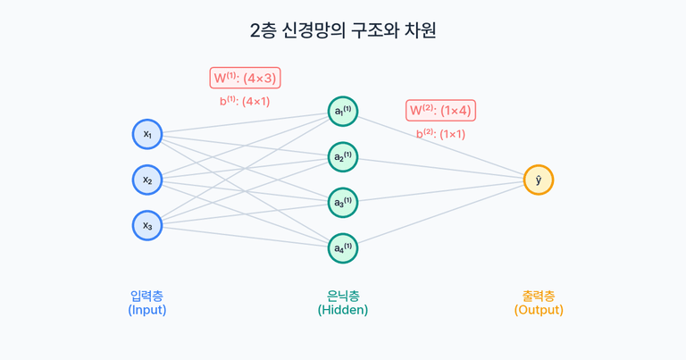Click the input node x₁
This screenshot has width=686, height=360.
[x=147, y=134]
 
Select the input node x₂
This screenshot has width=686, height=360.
[x=147, y=180]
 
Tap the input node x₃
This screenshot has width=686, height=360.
[x=147, y=225]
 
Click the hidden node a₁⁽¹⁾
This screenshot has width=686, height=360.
[x=343, y=112]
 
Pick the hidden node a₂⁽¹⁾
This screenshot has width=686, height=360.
[x=343, y=157]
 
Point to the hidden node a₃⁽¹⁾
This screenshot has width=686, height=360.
[x=343, y=203]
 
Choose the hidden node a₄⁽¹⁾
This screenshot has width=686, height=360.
[x=343, y=248]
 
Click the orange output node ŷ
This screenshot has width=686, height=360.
[x=539, y=180]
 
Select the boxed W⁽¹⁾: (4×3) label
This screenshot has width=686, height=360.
[x=245, y=78]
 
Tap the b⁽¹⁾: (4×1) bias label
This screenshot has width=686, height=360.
[x=245, y=101]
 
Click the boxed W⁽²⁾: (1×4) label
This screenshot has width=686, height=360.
[x=440, y=111]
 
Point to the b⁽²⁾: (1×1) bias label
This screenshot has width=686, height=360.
[x=440, y=134]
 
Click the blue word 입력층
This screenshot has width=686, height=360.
[x=147, y=295]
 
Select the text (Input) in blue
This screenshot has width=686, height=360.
[x=147, y=310]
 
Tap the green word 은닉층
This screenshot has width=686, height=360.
[x=343, y=295]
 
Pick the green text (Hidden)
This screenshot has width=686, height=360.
[x=343, y=310]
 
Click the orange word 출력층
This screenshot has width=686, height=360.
[x=539, y=295]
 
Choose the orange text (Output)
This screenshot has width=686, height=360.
[x=539, y=310]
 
